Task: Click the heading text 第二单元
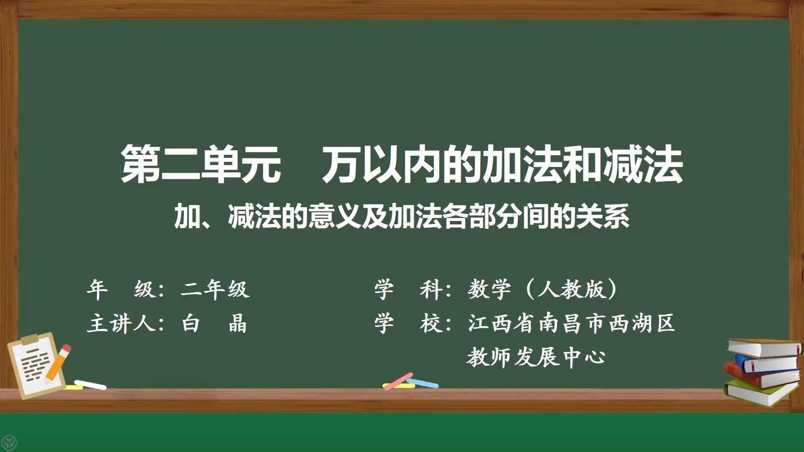(201, 164)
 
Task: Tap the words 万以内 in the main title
(381, 164)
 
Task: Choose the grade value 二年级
(215, 289)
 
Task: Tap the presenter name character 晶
(237, 324)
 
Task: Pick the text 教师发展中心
(536, 357)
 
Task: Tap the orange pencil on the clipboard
(58, 363)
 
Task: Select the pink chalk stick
(398, 381)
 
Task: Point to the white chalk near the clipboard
(90, 385)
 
